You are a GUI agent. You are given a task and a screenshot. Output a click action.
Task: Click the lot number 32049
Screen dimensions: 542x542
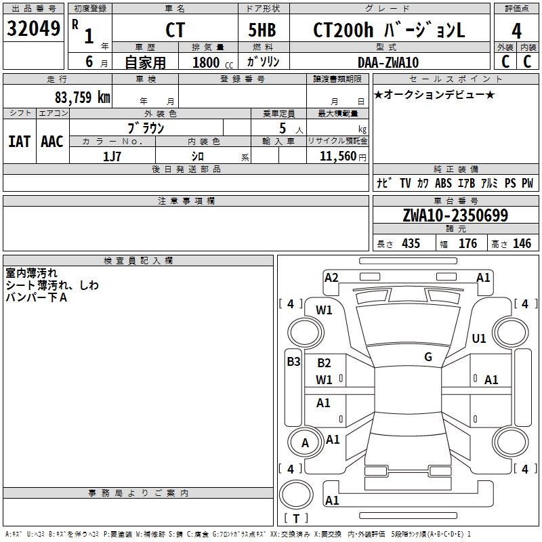33,28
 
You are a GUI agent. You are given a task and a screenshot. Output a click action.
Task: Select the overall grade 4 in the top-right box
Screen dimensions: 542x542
516,30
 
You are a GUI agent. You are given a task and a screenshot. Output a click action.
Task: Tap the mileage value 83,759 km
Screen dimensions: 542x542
82,98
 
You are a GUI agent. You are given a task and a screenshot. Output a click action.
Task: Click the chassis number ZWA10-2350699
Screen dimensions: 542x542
455,215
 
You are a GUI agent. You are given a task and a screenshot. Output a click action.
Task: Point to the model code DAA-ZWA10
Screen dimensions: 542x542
388,62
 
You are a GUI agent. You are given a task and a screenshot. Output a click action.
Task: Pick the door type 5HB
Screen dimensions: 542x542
262,30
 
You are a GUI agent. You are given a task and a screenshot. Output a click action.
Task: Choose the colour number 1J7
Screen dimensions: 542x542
112,157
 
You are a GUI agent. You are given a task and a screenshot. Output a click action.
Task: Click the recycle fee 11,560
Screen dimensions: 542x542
337,157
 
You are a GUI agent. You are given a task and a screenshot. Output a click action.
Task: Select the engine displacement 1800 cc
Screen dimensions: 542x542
213,62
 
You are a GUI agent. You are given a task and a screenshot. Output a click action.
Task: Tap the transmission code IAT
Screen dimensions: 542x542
20,142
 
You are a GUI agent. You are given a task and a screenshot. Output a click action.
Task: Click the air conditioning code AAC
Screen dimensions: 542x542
52,142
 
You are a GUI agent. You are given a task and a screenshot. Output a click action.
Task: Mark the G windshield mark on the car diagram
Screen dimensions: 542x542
428,357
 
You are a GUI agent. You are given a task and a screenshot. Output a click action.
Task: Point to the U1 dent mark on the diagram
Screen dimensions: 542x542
479,338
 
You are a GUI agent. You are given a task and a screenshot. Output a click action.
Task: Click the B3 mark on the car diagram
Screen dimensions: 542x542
293,362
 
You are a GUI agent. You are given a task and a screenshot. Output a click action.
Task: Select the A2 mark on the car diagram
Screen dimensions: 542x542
331,278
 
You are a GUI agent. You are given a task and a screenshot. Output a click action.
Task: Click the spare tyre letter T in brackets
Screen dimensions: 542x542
296,518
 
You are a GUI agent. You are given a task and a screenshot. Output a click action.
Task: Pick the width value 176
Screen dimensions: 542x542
467,243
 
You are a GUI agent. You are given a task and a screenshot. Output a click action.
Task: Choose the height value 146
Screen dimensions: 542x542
522,243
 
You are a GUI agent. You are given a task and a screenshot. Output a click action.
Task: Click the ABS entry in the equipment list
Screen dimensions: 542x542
443,183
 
